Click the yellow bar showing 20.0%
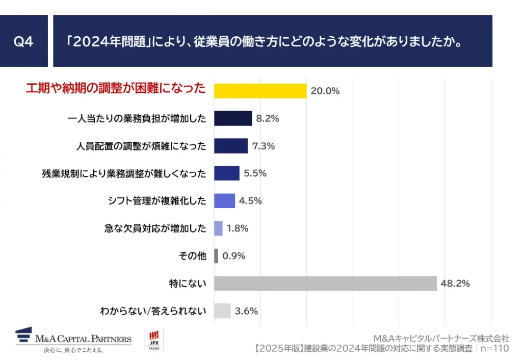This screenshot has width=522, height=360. (260, 91)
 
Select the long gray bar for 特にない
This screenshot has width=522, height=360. (325, 284)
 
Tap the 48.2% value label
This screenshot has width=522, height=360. (455, 284)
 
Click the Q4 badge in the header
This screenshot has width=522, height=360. (23, 41)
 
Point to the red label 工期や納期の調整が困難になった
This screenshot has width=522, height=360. (116, 89)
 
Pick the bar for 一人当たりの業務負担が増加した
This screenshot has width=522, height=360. (233, 118)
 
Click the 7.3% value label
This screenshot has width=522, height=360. (263, 146)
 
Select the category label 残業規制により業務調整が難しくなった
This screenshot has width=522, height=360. (124, 173)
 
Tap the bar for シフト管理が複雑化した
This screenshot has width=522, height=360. (224, 201)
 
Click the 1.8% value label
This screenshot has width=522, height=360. (237, 228)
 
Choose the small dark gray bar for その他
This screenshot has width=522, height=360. (216, 256)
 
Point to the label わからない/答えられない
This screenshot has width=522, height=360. (153, 311)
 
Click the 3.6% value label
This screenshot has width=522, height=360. (246, 311)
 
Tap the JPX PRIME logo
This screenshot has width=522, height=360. (154, 340)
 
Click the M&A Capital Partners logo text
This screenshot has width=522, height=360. (83, 339)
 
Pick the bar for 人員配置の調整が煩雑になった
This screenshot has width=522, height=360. (230, 146)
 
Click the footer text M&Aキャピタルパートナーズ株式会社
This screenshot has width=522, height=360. (441, 338)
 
